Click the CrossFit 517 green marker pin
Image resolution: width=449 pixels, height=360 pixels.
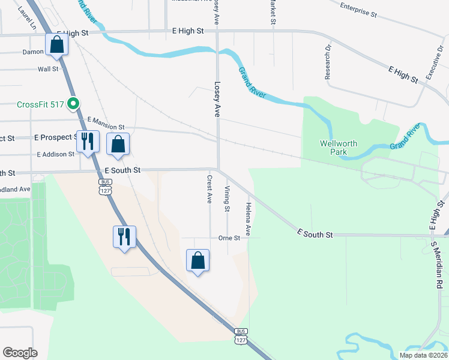point(73,104)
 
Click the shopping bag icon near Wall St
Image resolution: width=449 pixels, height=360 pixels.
point(56,45)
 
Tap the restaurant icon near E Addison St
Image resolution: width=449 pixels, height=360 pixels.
point(88,142)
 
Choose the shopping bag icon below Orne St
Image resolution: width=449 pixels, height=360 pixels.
point(197,260)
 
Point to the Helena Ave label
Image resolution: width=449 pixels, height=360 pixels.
point(247,218)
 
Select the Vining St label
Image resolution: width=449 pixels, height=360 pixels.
point(227,199)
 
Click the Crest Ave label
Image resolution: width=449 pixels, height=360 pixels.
point(209,188)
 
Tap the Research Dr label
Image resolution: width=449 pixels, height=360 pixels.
point(328,62)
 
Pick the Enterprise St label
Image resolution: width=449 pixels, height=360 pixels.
point(358,10)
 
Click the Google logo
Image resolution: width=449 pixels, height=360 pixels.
point(20,352)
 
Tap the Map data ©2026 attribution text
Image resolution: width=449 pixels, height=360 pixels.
point(423,355)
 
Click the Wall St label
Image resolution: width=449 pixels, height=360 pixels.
point(48,69)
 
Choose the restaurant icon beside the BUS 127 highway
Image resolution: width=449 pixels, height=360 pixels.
point(124,236)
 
